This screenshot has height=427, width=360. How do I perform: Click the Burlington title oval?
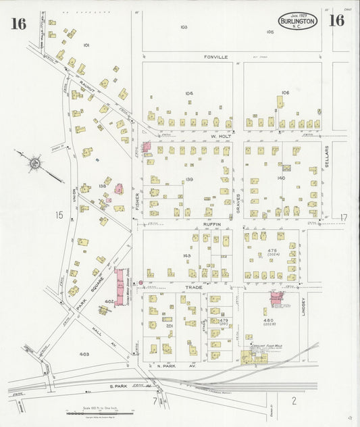[x=297, y=21]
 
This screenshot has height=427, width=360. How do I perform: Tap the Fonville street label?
[x=217, y=57]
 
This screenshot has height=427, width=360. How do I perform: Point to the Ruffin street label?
[x=212, y=223]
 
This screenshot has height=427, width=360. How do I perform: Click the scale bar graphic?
[x=94, y=412]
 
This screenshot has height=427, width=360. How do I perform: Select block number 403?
[x=84, y=353]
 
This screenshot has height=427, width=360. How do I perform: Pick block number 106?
[x=286, y=93]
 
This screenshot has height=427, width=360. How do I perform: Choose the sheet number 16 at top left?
[x=18, y=24]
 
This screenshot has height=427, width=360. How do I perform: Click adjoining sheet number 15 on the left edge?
[x=59, y=215]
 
